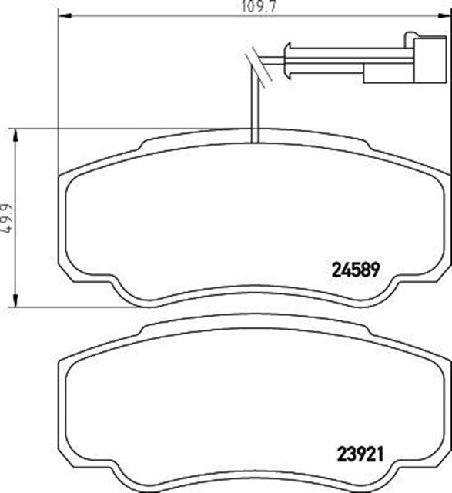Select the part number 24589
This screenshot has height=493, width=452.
click(357, 270)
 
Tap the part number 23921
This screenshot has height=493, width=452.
click(357, 452)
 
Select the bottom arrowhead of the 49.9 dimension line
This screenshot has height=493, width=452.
click(16, 305)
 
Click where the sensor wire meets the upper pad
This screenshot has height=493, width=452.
click(256, 141)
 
